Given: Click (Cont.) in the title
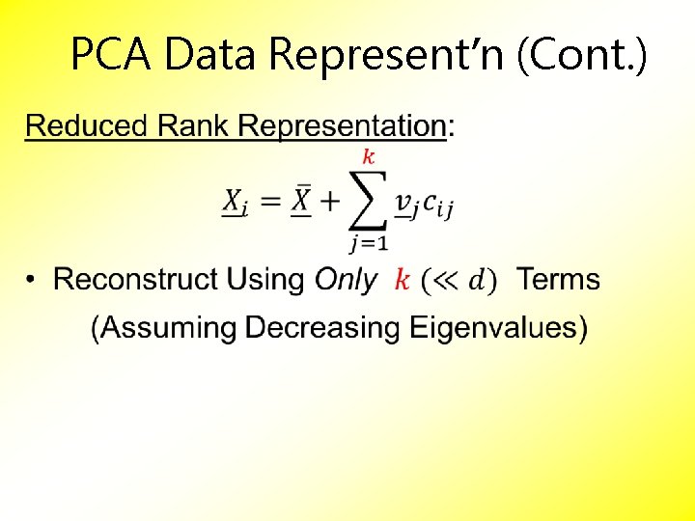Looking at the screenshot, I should [582, 55].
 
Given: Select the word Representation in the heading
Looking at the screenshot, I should [342, 125].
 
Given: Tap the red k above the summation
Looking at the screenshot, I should [368, 156].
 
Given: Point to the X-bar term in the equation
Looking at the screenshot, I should [302, 201].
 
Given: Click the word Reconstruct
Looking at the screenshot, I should [136, 280].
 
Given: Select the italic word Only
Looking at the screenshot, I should [346, 281].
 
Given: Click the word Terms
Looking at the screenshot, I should [558, 280].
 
